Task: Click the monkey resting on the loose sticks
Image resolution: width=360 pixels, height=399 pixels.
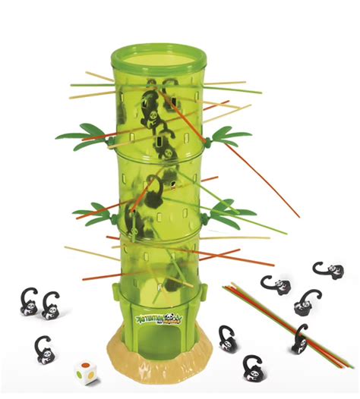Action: click(x=301, y=338)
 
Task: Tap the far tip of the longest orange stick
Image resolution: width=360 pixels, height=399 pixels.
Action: click(x=298, y=215)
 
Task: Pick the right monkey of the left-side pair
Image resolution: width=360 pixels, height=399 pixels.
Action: click(x=52, y=306)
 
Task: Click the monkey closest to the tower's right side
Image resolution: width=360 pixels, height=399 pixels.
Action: click(x=227, y=338)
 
